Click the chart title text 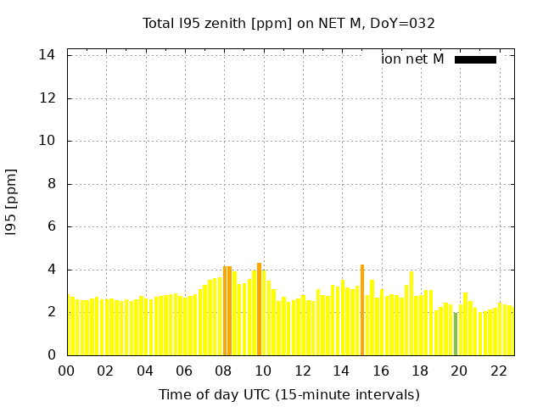pyautogui.click(x=288, y=23)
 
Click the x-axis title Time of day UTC pyautogui.click(x=288, y=394)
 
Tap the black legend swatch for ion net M pyautogui.click(x=475, y=59)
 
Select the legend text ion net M pyautogui.click(x=412, y=59)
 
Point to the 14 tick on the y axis pyautogui.click(x=48, y=55)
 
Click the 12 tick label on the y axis pyautogui.click(x=48, y=98)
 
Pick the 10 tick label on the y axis pyautogui.click(x=48, y=141)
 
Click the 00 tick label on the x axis pyautogui.click(x=66, y=371)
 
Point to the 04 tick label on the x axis pyautogui.click(x=145, y=371)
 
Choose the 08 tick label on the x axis pyautogui.click(x=223, y=371)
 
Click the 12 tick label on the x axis pyautogui.click(x=302, y=371)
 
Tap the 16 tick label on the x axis pyautogui.click(x=381, y=371)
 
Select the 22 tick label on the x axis pyautogui.click(x=499, y=371)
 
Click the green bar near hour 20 pyautogui.click(x=456, y=333)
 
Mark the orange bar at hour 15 pyautogui.click(x=362, y=309)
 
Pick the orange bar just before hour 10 pyautogui.click(x=259, y=309)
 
